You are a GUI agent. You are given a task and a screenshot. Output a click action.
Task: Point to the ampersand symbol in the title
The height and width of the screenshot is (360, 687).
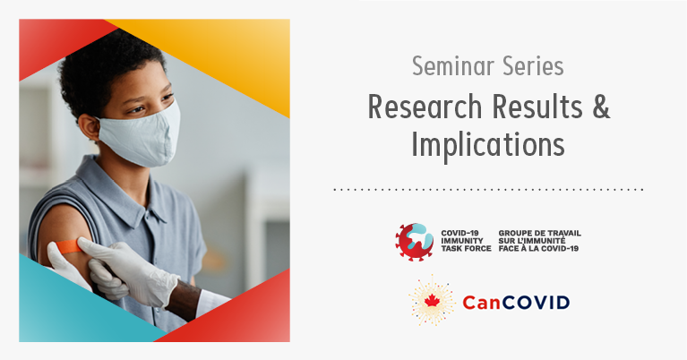tap(601, 107)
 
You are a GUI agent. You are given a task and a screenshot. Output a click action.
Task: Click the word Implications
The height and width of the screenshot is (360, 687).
tap(488, 145)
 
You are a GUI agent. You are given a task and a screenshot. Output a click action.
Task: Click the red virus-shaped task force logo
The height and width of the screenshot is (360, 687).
tap(414, 242)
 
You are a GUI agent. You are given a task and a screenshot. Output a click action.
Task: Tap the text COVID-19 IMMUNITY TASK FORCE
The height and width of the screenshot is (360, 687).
tap(466, 241)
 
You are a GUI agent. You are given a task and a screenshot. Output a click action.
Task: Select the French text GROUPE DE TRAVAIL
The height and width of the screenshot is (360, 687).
tap(540, 233)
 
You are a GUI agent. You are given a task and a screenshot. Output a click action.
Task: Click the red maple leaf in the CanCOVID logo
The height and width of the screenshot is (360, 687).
tap(432, 301)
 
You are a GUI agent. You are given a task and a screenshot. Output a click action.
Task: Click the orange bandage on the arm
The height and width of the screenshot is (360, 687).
tap(68, 246)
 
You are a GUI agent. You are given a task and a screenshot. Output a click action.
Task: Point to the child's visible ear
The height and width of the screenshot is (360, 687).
tap(89, 127)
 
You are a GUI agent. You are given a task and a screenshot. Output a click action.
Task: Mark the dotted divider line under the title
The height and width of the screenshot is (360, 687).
tap(488, 190)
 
